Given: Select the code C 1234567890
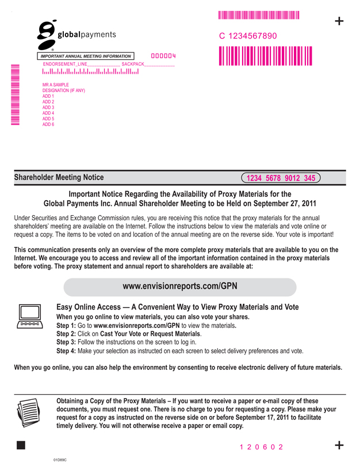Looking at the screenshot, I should click(248, 36).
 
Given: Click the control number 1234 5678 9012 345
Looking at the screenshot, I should click(281, 178).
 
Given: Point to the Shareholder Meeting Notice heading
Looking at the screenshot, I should click(59, 178).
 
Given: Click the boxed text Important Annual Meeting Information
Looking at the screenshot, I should click(86, 56).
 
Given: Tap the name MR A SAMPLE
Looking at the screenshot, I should click(56, 85).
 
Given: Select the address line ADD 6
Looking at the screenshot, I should click(48, 124).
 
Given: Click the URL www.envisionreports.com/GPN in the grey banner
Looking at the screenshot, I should click(180, 286).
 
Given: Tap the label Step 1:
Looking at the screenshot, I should click(66, 326).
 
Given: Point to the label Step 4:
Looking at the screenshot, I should click(66, 351).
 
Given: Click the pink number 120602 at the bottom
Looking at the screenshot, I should click(262, 446).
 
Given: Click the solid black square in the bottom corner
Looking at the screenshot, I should click(21, 445).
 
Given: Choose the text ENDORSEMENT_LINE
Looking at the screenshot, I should click(66, 64).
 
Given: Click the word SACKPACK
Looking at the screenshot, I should click(133, 64).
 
